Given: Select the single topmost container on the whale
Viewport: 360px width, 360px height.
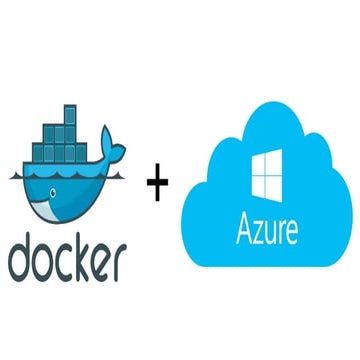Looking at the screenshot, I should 71,111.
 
